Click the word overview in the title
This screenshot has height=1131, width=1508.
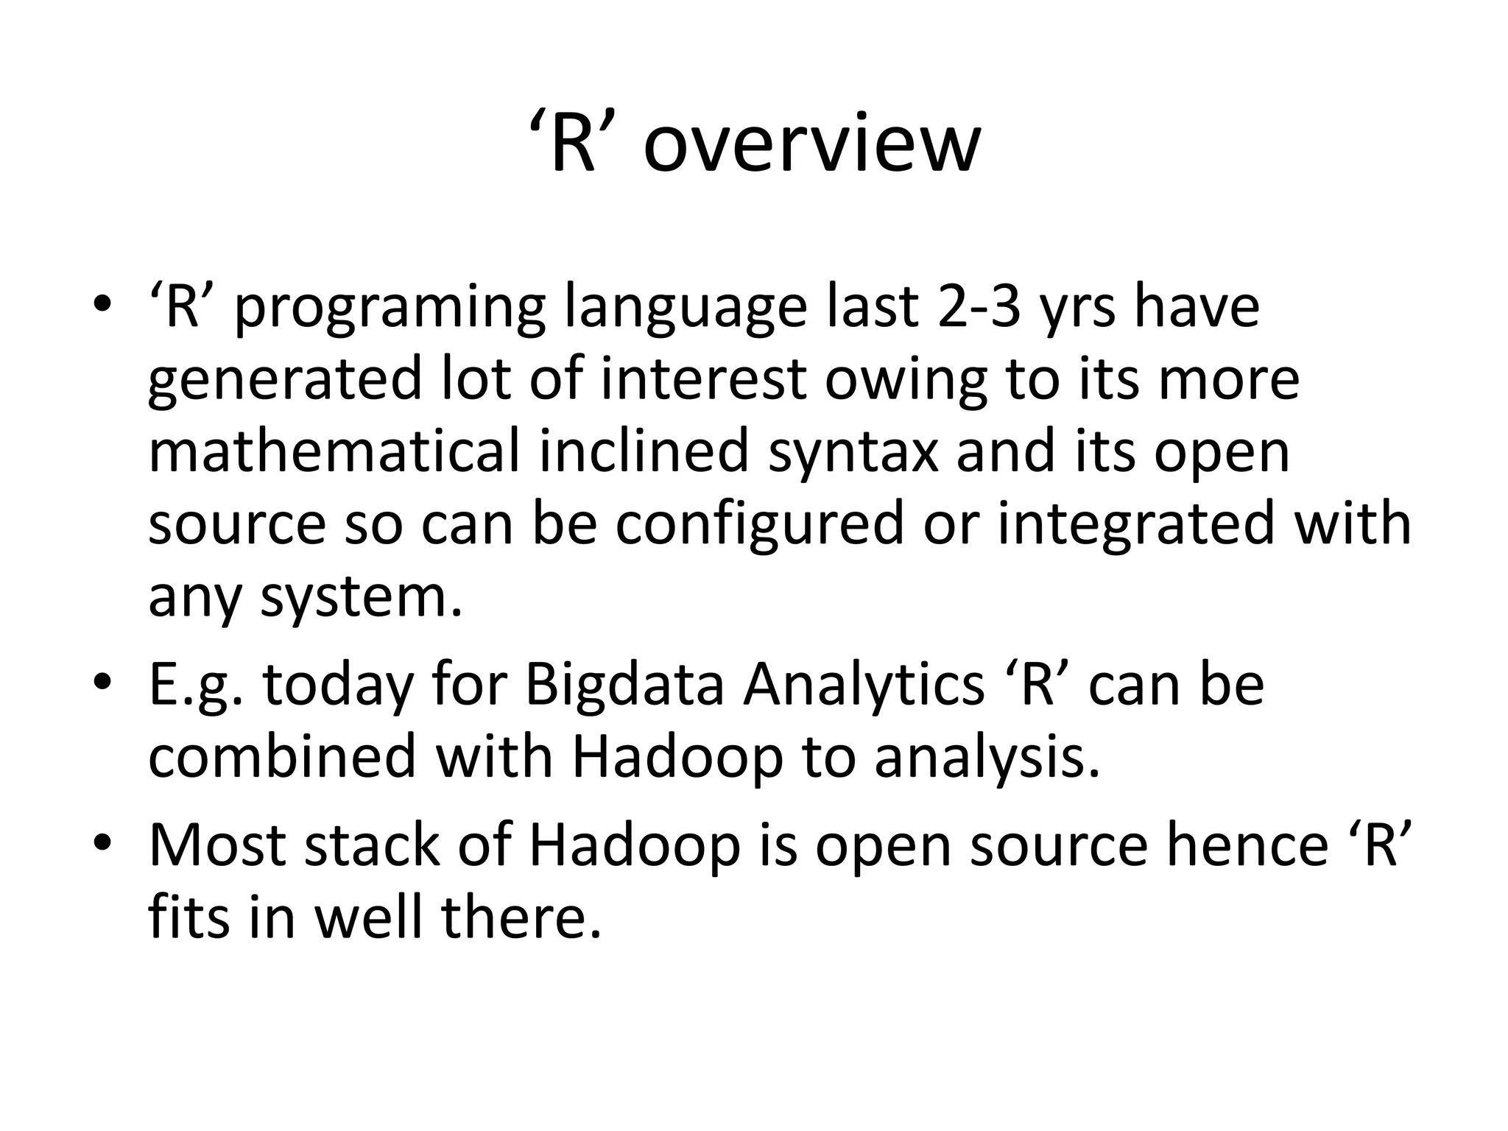[811, 145]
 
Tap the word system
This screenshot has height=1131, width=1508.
[361, 598]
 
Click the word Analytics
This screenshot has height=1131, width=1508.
[863, 685]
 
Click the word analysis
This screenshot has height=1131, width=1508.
[987, 758]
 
